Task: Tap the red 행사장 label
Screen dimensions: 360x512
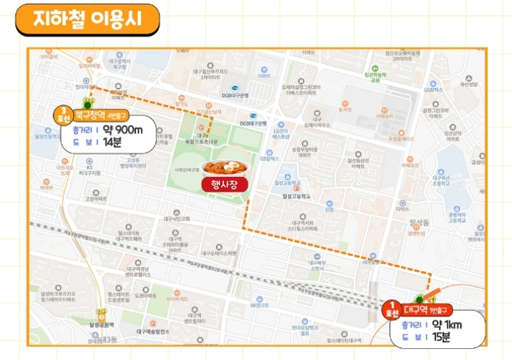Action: click(225, 184)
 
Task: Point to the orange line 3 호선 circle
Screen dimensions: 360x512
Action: click(64, 114)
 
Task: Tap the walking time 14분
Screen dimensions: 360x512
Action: click(112, 143)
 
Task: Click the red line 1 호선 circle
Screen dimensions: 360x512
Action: click(394, 308)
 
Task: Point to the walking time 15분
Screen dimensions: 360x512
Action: click(442, 337)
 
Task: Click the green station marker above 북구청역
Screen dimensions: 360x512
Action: click(89, 102)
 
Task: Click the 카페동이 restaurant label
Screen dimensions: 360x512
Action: click(385, 115)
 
